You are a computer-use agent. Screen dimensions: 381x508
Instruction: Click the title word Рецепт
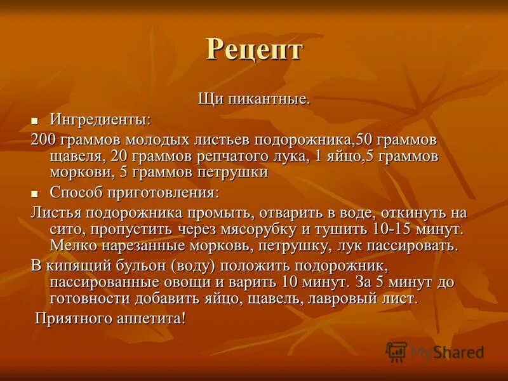coord(253,50)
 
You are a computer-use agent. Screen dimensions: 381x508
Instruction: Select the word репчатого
coord(248,156)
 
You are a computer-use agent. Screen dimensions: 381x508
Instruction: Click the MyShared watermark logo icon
coord(396,352)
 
